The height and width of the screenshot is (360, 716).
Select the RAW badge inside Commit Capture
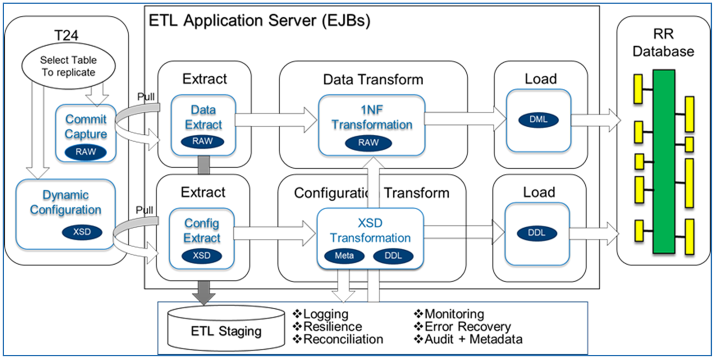(x=86, y=152)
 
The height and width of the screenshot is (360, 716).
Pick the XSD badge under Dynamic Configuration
(x=82, y=232)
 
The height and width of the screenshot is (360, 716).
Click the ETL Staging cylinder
(x=226, y=331)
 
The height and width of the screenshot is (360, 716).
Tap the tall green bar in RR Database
(x=663, y=161)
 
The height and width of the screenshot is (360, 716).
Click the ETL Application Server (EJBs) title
(x=259, y=21)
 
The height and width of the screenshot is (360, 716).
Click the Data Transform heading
(x=373, y=79)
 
